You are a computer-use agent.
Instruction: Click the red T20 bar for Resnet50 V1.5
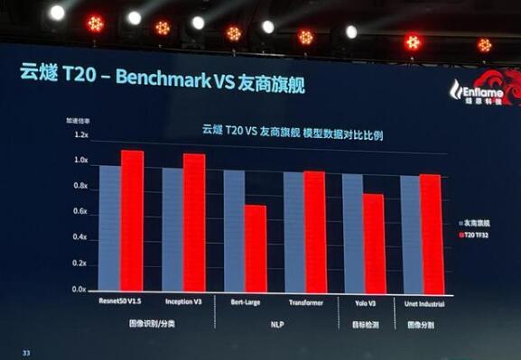[x=133, y=221]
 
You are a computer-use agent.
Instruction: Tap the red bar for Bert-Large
[x=256, y=248]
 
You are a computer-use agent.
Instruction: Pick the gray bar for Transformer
[x=293, y=231]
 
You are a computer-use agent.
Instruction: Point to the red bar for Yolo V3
[x=374, y=243]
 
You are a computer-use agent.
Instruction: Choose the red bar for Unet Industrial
[x=431, y=233]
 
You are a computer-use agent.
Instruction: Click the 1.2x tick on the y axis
[x=80, y=135]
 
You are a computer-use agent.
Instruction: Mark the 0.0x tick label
[x=80, y=290]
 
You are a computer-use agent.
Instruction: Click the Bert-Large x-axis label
[x=246, y=303]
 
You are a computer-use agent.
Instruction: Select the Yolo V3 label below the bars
[x=363, y=303]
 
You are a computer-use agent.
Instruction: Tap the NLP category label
[x=276, y=322]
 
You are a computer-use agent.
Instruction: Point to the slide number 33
[x=27, y=352]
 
